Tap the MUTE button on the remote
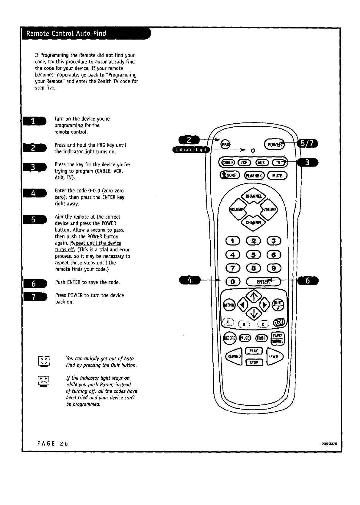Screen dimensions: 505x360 [277, 176]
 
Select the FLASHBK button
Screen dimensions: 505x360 [253, 176]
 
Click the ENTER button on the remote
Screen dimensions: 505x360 [264, 281]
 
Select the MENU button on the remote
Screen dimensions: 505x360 [229, 305]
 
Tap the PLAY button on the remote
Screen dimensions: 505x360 [253, 351]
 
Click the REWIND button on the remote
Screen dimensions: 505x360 [234, 356]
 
